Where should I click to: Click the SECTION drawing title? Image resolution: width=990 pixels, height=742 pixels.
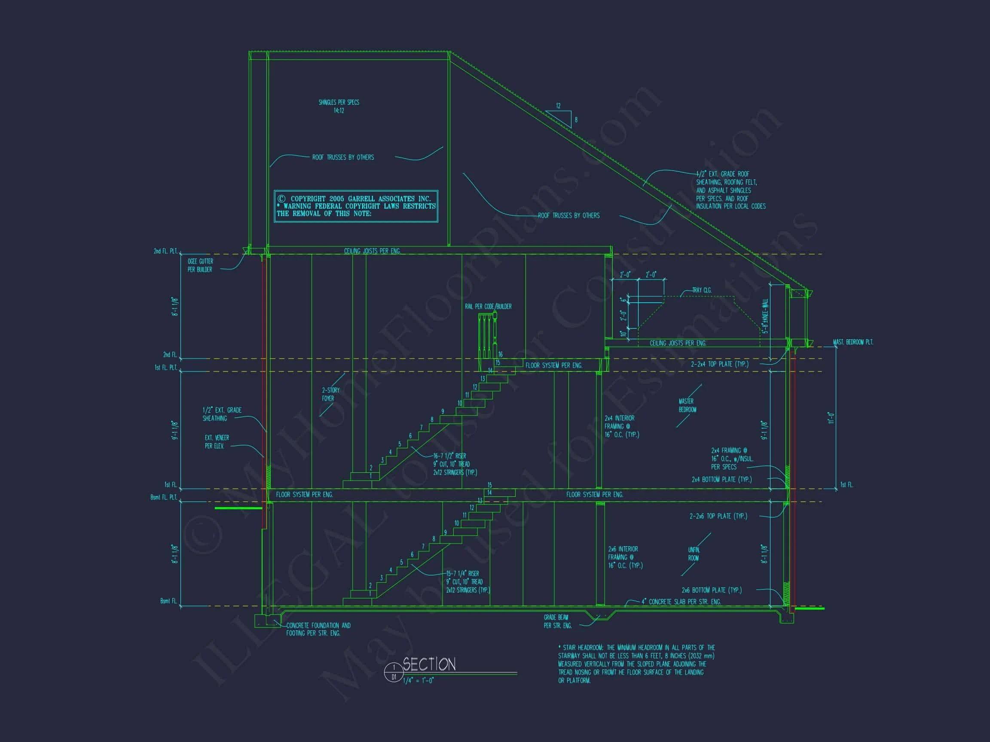point(429,664)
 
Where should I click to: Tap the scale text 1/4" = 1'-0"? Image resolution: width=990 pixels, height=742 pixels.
point(419,681)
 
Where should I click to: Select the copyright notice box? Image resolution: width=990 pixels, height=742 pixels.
point(356,206)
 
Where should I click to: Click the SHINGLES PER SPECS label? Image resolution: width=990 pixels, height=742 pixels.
point(339,106)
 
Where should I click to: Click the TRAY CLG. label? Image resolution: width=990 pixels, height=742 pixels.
point(702,290)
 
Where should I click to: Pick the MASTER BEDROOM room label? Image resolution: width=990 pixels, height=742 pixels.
point(687,405)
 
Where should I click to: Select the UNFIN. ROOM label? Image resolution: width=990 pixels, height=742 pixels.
point(693,553)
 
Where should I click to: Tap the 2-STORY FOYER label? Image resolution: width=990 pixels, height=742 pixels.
point(330,394)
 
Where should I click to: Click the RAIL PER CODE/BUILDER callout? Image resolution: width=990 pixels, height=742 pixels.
point(488,306)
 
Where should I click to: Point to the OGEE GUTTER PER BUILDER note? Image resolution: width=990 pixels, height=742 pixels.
point(200,265)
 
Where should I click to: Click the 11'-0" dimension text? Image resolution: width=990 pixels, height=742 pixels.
point(831,418)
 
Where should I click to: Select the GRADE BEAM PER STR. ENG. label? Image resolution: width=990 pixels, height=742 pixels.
point(557,621)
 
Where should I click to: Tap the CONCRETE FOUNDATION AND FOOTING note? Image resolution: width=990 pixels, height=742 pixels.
point(318,629)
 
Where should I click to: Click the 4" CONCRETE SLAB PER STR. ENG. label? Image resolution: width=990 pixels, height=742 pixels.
point(681,602)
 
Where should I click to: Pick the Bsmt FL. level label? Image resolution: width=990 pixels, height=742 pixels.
point(168,601)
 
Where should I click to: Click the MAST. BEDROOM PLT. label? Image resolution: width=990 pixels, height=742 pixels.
point(852,342)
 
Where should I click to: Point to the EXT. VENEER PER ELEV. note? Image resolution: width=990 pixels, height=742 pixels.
point(217,441)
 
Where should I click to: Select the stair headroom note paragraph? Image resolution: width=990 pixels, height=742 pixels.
point(636,664)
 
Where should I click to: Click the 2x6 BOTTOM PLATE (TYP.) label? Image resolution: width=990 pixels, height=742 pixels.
point(711,590)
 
